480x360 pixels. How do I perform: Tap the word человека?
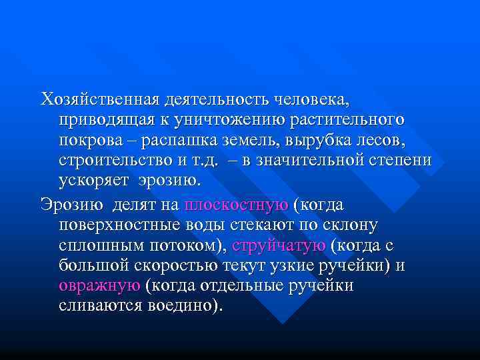(x=312, y=100)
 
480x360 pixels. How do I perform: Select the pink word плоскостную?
(x=237, y=205)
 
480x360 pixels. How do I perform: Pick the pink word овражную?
(x=99, y=287)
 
